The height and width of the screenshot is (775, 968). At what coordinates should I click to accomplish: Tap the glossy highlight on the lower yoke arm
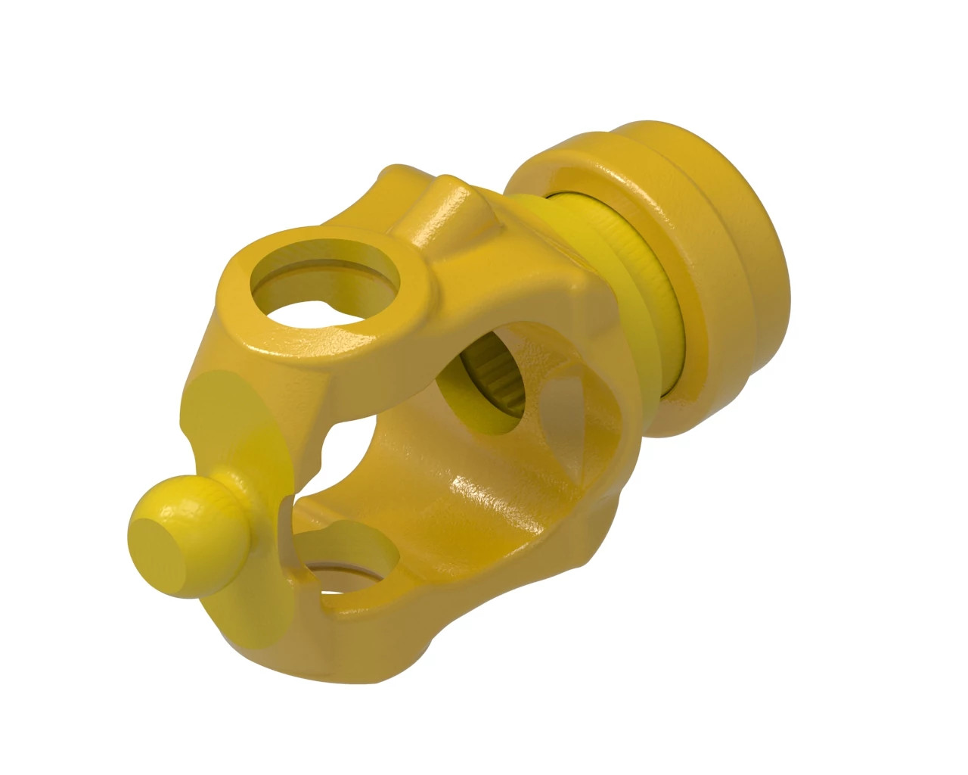point(484,492)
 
